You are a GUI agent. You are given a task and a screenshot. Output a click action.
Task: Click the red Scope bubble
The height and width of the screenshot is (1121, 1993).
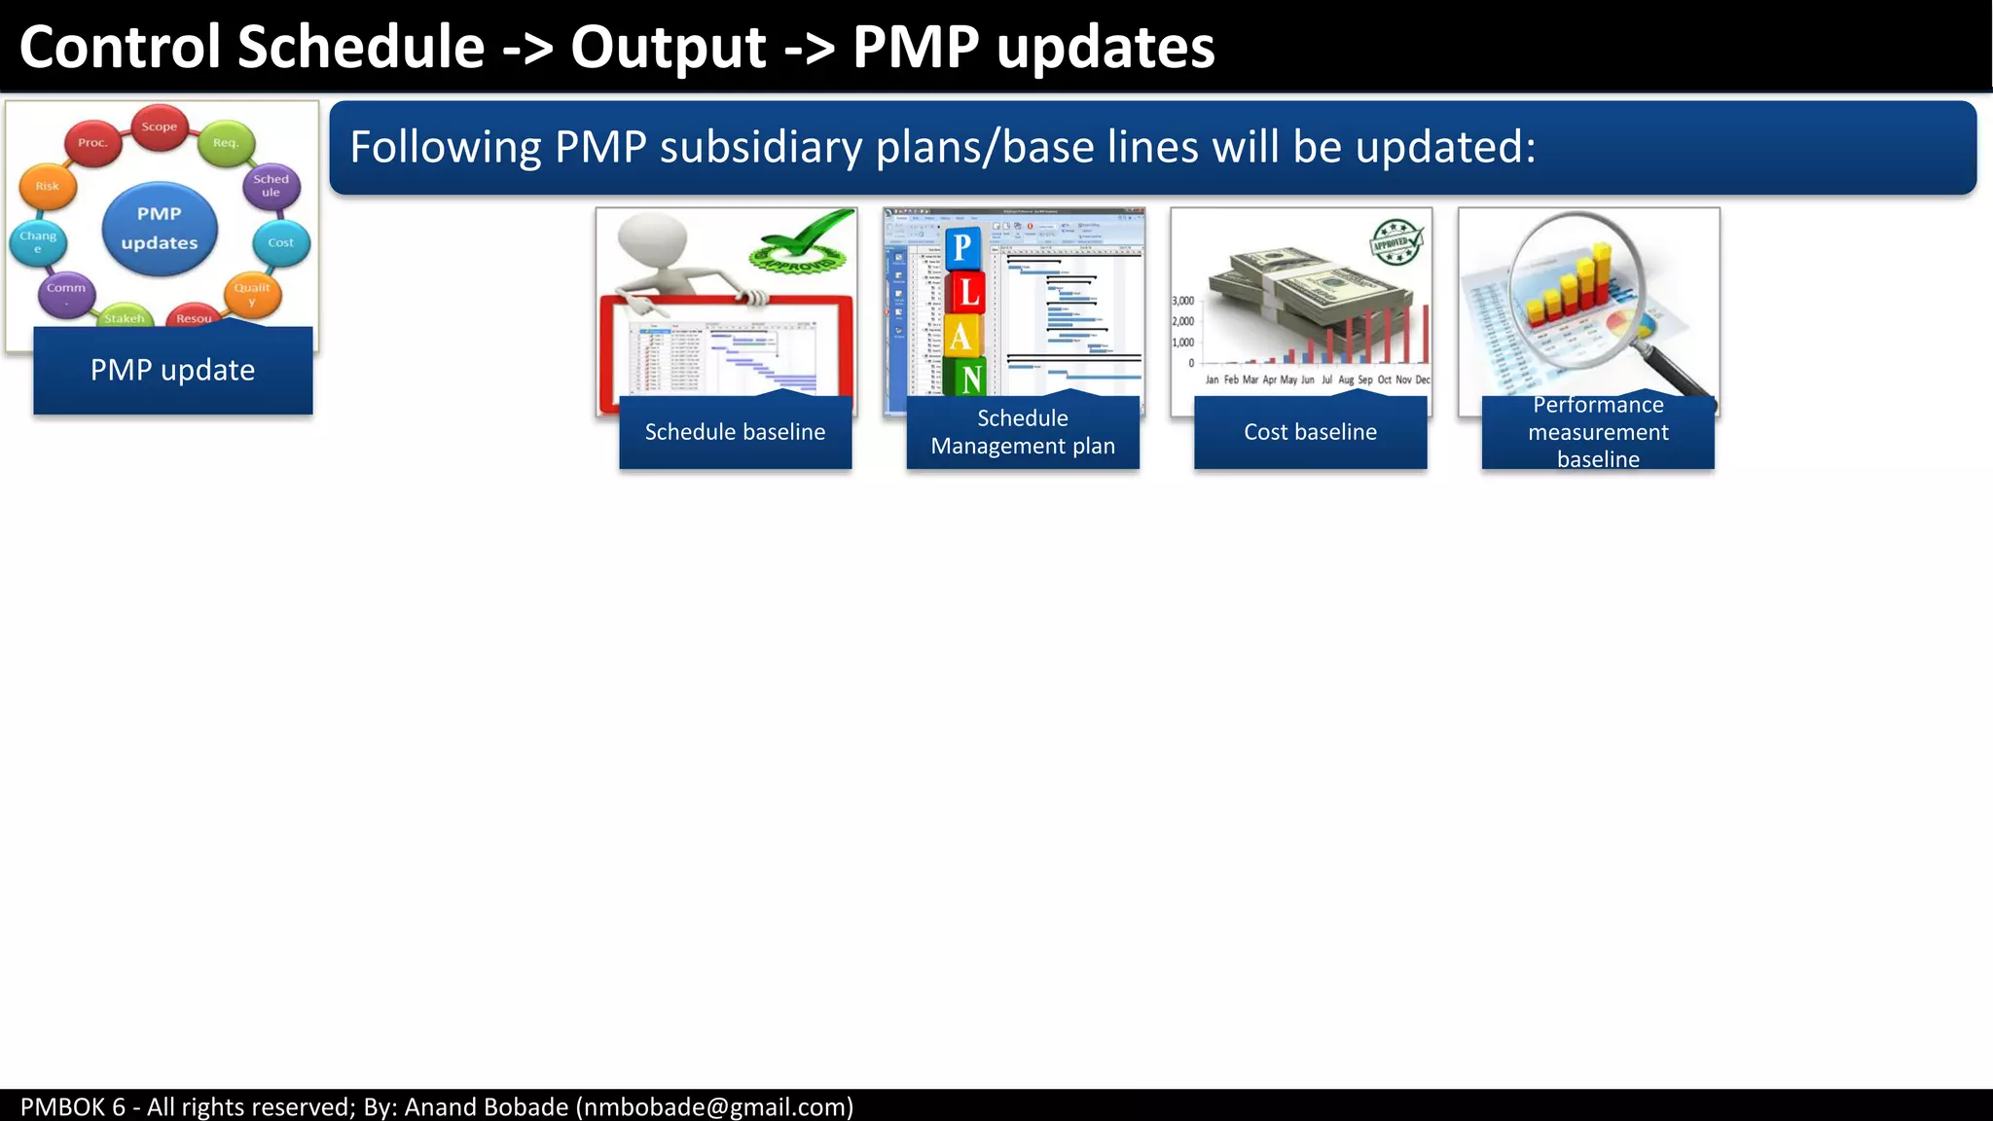[160, 127]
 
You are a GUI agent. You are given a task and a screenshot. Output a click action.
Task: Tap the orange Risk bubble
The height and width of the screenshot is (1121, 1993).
[47, 186]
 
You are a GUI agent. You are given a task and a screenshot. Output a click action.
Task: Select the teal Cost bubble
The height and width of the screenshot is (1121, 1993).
[280, 242]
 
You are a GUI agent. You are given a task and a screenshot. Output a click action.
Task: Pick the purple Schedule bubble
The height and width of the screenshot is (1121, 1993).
[271, 186]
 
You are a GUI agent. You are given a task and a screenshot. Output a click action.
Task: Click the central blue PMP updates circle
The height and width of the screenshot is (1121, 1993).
[160, 229]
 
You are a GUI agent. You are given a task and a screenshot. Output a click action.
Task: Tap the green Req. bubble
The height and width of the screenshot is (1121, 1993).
[226, 143]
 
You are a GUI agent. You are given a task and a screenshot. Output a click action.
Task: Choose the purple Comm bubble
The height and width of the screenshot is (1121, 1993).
[66, 291]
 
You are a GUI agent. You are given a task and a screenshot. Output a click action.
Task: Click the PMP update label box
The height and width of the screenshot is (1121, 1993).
[172, 370]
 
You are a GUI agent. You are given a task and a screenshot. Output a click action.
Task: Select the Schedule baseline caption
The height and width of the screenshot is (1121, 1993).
[735, 432]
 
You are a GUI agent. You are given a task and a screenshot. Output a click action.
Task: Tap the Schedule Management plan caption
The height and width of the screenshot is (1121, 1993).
[1022, 432]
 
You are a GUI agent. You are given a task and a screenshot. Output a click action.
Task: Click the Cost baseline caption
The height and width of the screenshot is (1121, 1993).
[1310, 432]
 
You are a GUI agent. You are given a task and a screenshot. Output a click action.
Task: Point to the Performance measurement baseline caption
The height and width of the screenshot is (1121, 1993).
[1597, 432]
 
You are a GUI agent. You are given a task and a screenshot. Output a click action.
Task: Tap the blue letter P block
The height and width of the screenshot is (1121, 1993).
[961, 247]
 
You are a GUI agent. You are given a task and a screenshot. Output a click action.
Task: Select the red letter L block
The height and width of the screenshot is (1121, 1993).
[967, 292]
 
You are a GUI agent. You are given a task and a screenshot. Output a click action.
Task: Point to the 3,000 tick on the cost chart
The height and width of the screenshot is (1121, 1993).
[1183, 301]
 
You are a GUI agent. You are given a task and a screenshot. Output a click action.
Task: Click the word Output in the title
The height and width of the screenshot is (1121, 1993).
[669, 47]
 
